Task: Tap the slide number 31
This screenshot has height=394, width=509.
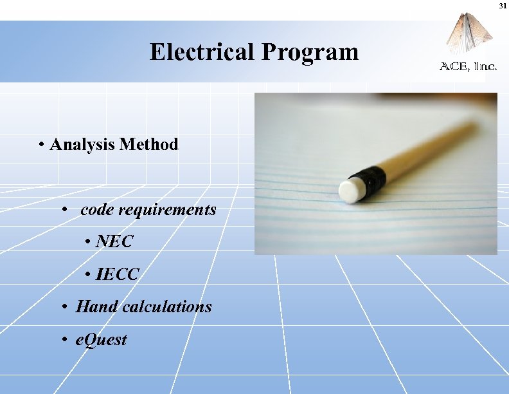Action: pyautogui.click(x=501, y=6)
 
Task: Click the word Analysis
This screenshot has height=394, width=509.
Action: pyautogui.click(x=82, y=145)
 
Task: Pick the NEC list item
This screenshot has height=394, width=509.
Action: pyautogui.click(x=114, y=242)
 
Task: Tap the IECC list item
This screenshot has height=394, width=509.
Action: pyautogui.click(x=116, y=275)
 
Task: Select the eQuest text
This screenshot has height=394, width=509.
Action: pyautogui.click(x=101, y=339)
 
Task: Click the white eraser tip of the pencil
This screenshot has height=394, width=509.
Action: pyautogui.click(x=352, y=191)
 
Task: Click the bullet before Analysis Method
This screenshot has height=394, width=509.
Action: pyautogui.click(x=40, y=145)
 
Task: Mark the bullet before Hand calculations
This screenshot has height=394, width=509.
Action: pyautogui.click(x=66, y=307)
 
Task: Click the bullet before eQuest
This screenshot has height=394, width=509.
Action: pyautogui.click(x=66, y=340)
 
